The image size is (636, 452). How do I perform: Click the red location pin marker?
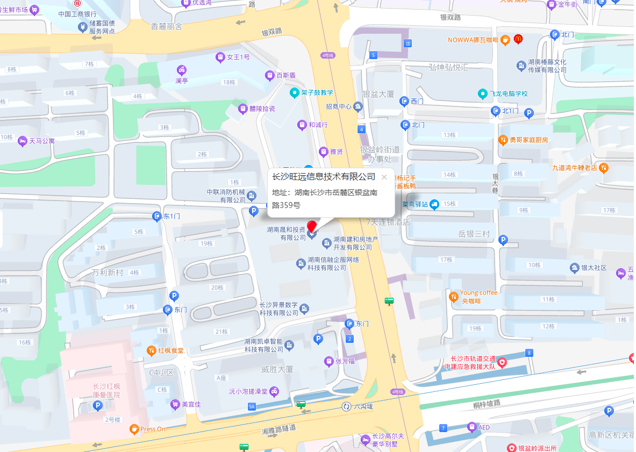coord(312,227)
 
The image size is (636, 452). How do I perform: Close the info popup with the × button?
coord(384,177)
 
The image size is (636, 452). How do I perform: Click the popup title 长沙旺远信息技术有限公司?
coord(323,177)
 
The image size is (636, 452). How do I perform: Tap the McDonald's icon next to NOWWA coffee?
coord(518,39)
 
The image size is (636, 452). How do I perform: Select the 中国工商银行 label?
coord(77,14)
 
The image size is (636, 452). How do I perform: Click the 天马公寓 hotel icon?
coord(22,141)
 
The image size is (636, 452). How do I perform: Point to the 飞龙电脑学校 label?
coord(508,94)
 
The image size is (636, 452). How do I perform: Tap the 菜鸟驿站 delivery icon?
coord(434,204)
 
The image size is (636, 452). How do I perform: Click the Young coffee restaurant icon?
coord(454,297)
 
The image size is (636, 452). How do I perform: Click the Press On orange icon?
coord(134,429)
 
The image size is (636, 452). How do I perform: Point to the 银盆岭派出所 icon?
coord(511,448)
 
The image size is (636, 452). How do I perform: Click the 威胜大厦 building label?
coord(277,369)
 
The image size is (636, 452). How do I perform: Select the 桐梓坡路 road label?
coord(487,403)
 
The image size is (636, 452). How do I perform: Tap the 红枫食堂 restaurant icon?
coord(152,350)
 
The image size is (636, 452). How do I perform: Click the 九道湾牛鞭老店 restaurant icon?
coord(604,168)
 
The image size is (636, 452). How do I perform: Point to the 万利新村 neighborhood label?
coord(108,272)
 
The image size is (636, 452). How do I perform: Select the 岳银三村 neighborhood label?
coord(474,234)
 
